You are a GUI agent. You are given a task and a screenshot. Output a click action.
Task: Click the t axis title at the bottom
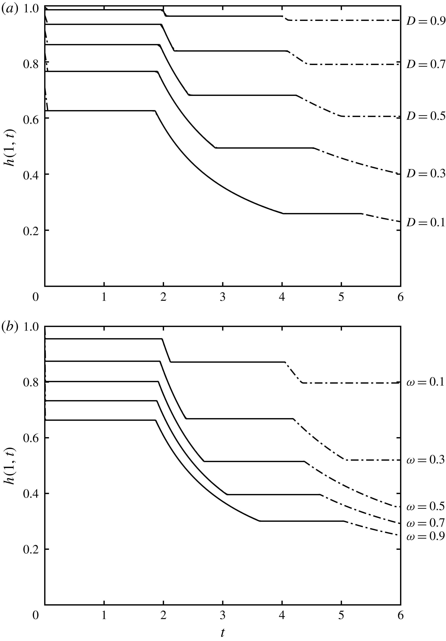pos(222,633)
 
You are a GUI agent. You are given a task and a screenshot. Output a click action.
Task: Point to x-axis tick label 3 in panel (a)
pos(222,297)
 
